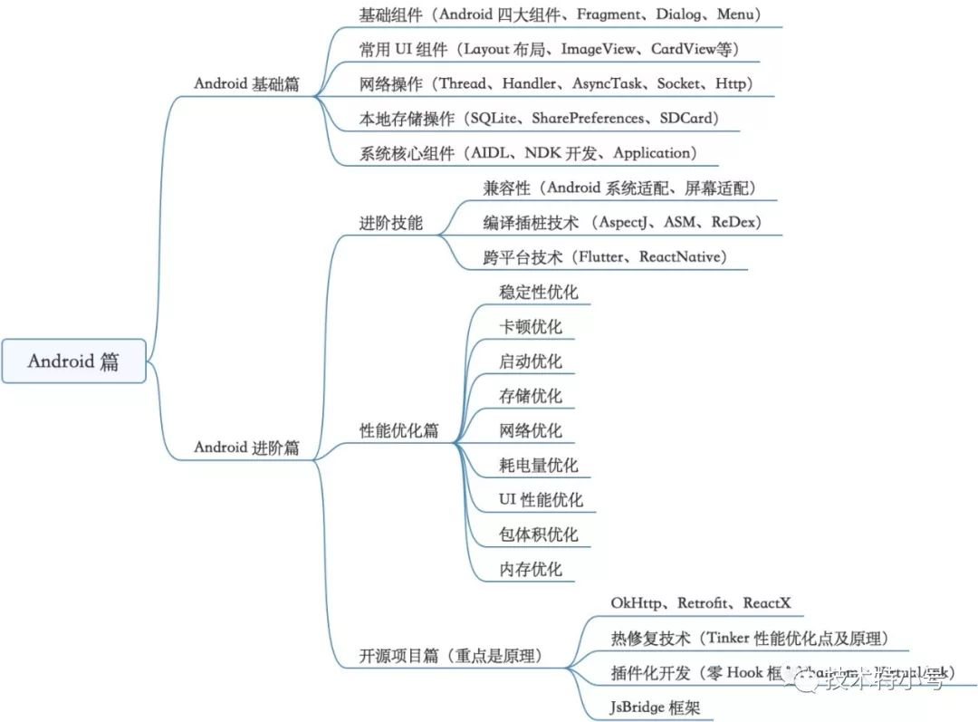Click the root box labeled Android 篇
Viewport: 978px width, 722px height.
click(x=73, y=361)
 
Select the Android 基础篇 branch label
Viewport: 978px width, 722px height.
click(x=246, y=83)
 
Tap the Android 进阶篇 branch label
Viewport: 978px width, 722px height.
click(x=246, y=448)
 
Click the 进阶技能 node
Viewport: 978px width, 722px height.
click(x=391, y=223)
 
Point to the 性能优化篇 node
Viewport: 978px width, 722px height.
click(x=398, y=430)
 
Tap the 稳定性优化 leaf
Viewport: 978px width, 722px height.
click(x=539, y=292)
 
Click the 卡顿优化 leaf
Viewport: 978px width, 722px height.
click(x=531, y=326)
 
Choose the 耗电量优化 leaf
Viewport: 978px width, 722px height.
click(x=539, y=465)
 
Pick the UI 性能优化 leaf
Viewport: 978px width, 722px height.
click(x=541, y=500)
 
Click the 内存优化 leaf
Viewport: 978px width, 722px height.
click(x=531, y=569)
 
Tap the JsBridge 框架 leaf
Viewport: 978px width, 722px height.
click(x=655, y=708)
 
